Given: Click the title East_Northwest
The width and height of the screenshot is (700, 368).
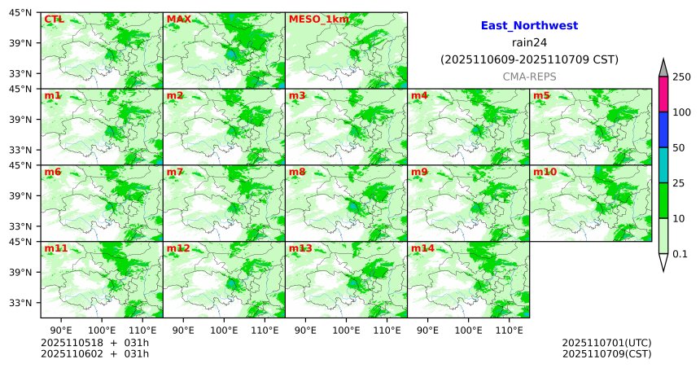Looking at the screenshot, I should [529, 26].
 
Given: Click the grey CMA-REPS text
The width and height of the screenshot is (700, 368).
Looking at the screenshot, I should [529, 76].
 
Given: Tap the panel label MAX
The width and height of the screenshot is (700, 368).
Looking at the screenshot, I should [178, 19].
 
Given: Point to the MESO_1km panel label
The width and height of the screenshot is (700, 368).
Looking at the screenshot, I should [313, 19].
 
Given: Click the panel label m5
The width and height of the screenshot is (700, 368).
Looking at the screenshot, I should [541, 96].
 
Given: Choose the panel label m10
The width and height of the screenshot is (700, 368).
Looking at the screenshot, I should [545, 173].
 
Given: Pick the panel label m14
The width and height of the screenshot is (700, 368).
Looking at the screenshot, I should [422, 248].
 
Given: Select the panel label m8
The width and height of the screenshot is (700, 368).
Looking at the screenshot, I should [297, 173].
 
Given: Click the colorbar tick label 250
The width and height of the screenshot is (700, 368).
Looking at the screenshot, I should [682, 77].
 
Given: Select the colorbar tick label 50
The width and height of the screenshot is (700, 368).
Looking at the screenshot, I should [680, 148].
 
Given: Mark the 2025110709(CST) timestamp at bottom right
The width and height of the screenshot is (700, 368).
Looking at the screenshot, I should [606, 353].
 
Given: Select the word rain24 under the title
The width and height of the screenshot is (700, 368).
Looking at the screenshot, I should [529, 43].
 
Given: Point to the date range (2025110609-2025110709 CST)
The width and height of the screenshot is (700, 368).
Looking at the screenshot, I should [529, 59].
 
